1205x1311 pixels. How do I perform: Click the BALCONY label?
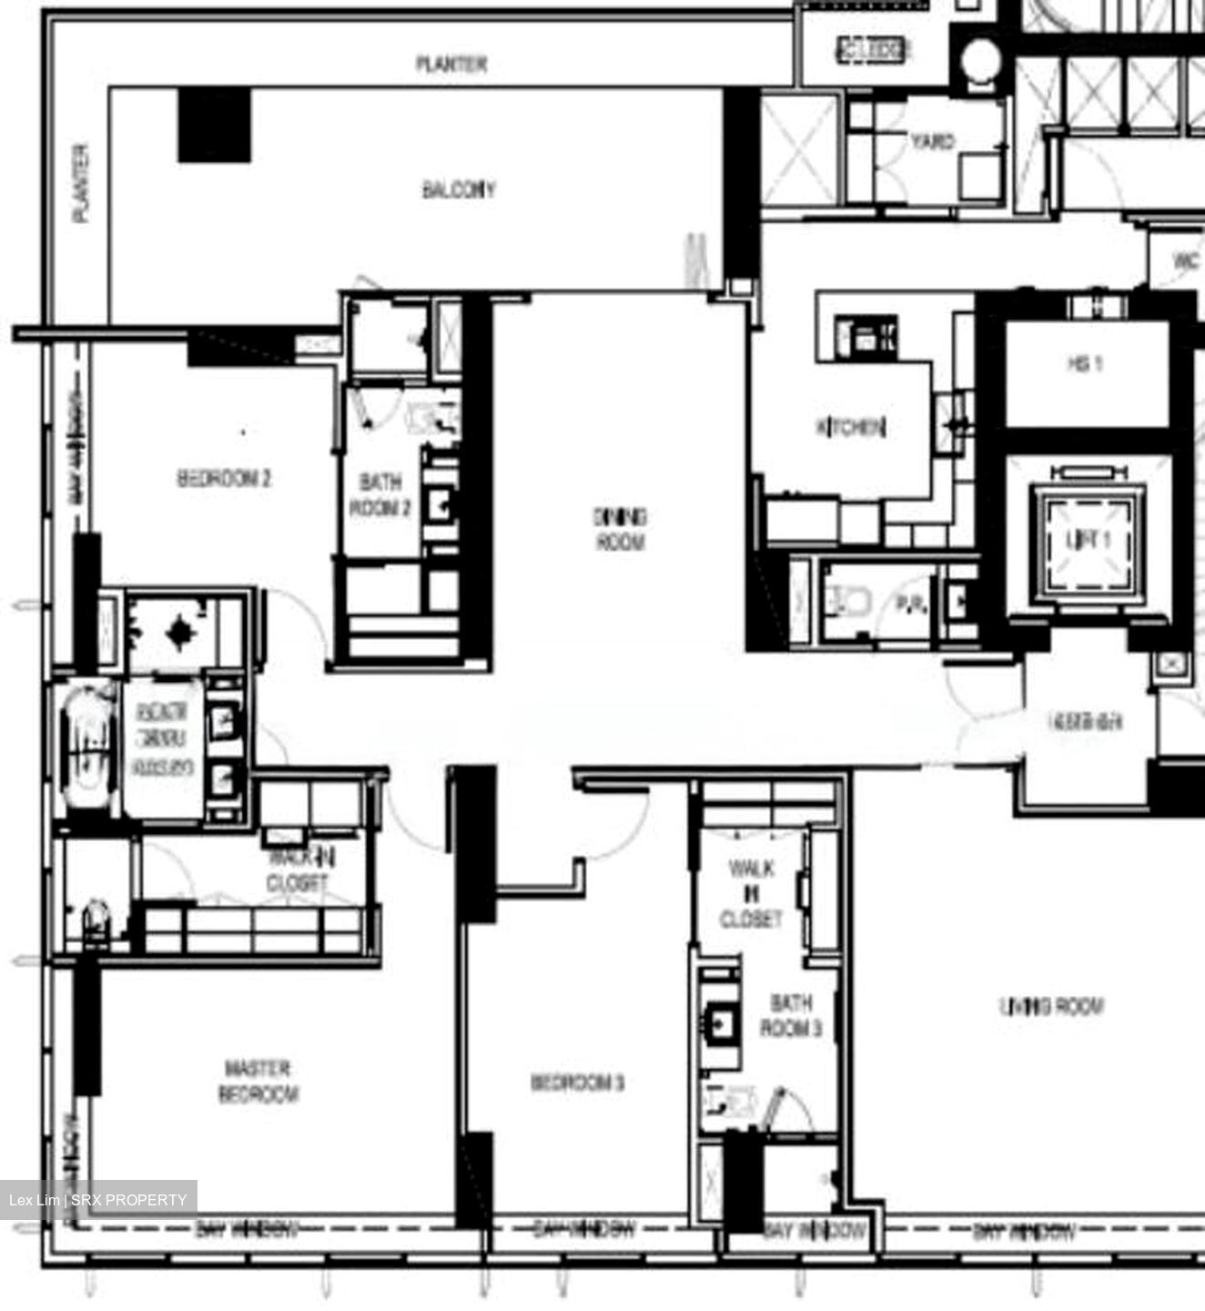[x=459, y=190]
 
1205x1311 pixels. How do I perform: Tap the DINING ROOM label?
[x=620, y=530]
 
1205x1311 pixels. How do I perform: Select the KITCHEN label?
[x=851, y=427]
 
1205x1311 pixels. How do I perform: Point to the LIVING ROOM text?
[x=1051, y=1006]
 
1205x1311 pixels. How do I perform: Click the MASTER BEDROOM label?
[x=258, y=1081]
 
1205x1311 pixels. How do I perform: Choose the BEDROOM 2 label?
[x=224, y=479]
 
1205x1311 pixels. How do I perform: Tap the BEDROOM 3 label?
[x=577, y=1082]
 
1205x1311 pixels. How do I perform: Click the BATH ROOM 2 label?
[x=380, y=495]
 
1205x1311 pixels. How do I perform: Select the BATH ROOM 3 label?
[x=791, y=1015]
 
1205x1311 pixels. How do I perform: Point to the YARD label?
[x=932, y=142]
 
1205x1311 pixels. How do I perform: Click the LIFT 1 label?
[x=1088, y=539]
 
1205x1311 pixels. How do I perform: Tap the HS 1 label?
[x=1085, y=364]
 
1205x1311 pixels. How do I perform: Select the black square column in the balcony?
[x=214, y=126]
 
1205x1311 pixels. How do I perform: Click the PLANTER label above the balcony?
[x=451, y=64]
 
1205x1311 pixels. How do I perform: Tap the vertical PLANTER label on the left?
[x=81, y=183]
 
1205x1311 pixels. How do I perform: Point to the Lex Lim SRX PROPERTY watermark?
[x=98, y=1200]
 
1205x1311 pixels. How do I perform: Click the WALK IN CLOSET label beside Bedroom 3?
[x=751, y=893]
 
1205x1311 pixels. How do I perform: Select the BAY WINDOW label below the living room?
[x=1023, y=1233]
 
